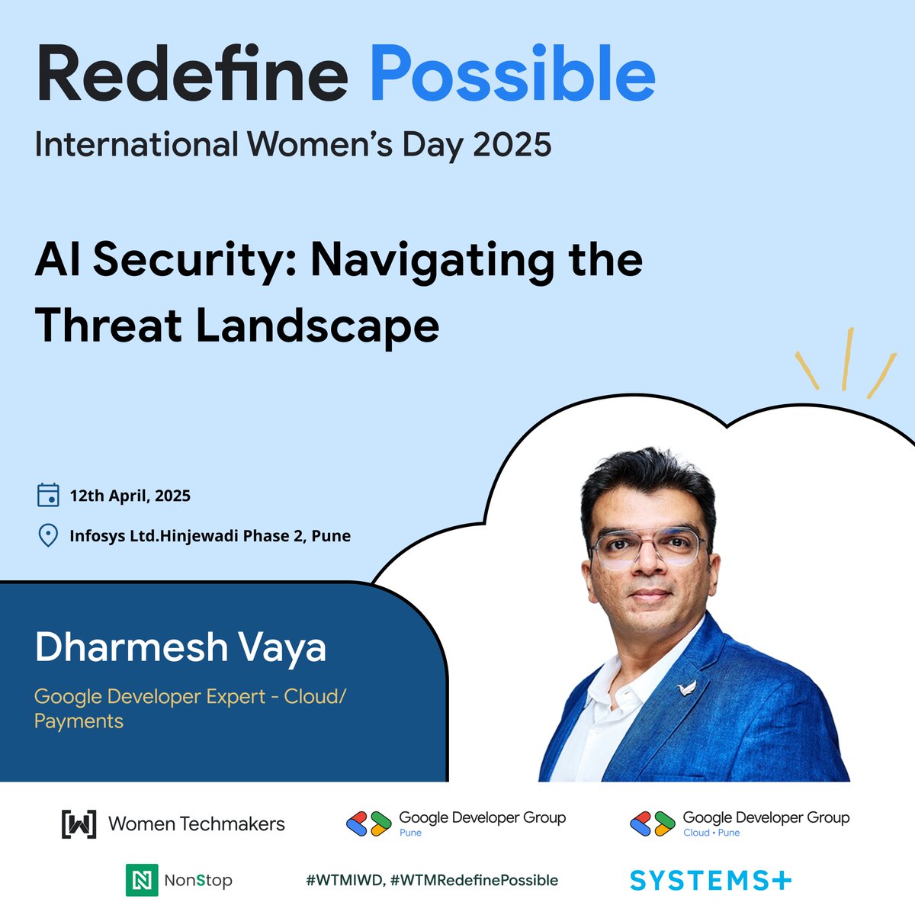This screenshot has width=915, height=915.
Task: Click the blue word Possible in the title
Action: pyautogui.click(x=512, y=75)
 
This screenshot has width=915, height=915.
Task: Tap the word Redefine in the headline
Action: pyautogui.click(x=191, y=75)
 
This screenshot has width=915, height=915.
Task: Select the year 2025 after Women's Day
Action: pyautogui.click(x=512, y=144)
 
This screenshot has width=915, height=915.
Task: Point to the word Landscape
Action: pyautogui.click(x=317, y=326)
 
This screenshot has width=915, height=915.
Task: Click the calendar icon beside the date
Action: pyautogui.click(x=48, y=495)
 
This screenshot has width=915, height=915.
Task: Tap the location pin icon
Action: pyautogui.click(x=48, y=535)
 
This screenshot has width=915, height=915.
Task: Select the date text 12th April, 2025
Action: pyautogui.click(x=130, y=496)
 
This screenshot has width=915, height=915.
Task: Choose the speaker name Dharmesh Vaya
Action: pyautogui.click(x=181, y=647)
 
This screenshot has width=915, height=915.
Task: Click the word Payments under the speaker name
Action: pyautogui.click(x=79, y=721)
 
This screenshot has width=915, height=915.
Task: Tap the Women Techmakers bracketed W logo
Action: pyautogui.click(x=79, y=823)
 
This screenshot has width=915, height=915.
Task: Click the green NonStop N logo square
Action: pyautogui.click(x=142, y=880)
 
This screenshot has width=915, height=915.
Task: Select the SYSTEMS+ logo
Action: pyautogui.click(x=711, y=881)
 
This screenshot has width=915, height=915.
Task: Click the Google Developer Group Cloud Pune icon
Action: pyautogui.click(x=653, y=823)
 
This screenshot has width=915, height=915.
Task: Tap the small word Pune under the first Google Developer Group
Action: pyautogui.click(x=410, y=833)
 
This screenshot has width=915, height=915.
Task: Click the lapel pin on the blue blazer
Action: pyautogui.click(x=688, y=689)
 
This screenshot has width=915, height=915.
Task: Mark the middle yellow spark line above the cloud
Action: pyautogui.click(x=847, y=358)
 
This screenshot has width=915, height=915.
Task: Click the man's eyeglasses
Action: pyautogui.click(x=648, y=547)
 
